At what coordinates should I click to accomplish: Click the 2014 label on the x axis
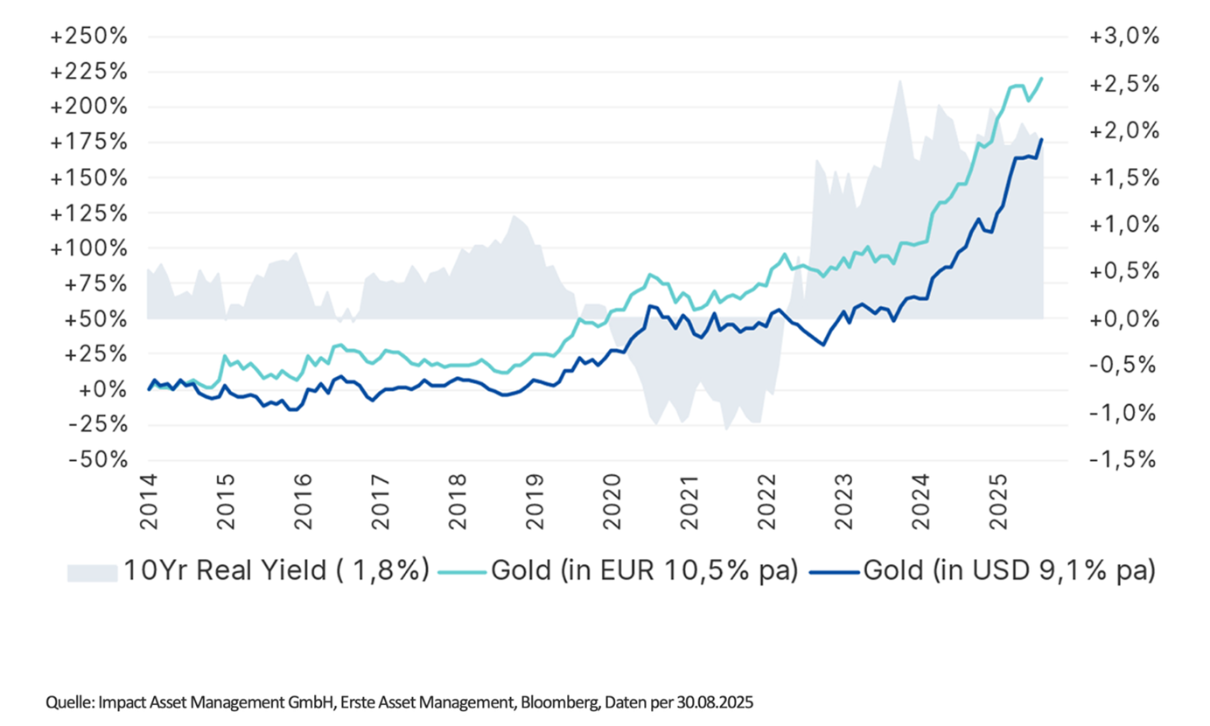147,503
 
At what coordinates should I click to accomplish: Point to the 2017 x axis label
378,503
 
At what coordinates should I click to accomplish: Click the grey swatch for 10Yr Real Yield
93,572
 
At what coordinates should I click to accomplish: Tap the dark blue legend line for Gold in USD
833,572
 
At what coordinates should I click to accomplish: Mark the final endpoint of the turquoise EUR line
1042,79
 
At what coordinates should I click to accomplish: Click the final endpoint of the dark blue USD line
1041,140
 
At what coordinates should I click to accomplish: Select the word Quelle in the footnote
67,702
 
